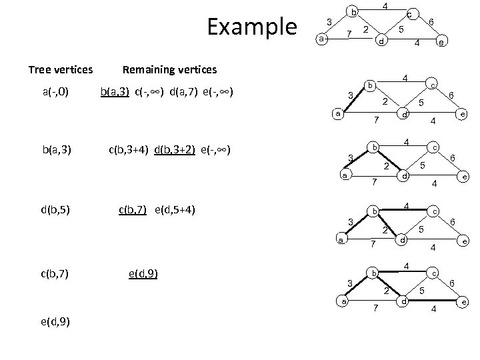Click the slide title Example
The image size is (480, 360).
click(x=252, y=27)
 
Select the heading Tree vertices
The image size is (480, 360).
click(x=60, y=69)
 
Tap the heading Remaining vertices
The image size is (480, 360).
click(x=169, y=69)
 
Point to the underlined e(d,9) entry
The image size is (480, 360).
click(x=142, y=273)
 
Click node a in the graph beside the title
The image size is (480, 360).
click(x=321, y=39)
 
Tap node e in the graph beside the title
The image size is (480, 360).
click(x=440, y=44)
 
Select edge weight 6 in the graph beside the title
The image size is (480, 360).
click(x=431, y=22)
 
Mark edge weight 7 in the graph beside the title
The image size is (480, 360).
click(x=349, y=35)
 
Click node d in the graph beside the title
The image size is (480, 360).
click(x=380, y=41)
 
